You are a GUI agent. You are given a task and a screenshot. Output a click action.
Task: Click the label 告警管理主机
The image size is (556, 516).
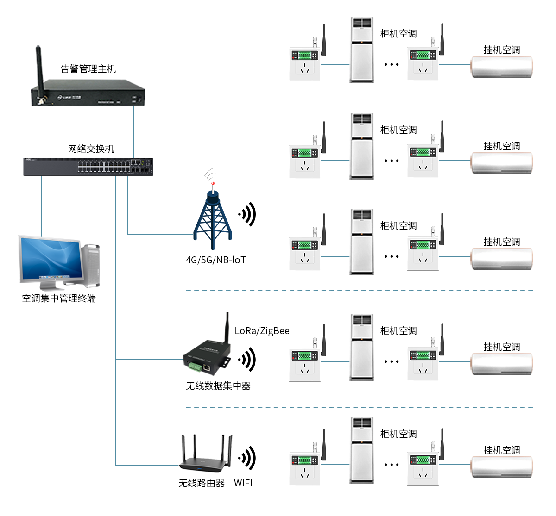88,69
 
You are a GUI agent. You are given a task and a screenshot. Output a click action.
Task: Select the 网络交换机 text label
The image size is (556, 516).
91,149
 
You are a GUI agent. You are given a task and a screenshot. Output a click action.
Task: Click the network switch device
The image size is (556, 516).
88,167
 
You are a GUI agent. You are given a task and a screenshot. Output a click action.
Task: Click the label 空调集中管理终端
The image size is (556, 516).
59,298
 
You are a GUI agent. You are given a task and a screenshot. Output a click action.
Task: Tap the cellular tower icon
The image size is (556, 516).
213,218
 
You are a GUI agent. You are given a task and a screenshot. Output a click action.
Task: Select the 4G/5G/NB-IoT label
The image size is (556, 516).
215,260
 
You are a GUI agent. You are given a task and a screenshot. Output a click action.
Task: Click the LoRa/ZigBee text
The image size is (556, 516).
262,331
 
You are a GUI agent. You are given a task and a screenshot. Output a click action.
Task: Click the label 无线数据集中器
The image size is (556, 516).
218,386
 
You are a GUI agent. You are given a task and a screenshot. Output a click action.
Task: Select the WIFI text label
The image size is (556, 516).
243,483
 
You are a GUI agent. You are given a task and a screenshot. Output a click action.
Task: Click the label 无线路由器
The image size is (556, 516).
202,483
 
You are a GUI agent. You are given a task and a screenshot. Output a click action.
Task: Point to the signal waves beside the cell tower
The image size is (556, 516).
248,214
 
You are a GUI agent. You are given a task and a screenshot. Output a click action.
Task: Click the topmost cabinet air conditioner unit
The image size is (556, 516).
361,50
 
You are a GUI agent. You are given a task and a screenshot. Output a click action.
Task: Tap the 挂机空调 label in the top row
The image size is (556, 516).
502,50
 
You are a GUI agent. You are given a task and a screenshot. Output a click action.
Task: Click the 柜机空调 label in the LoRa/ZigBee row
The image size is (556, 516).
398,331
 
